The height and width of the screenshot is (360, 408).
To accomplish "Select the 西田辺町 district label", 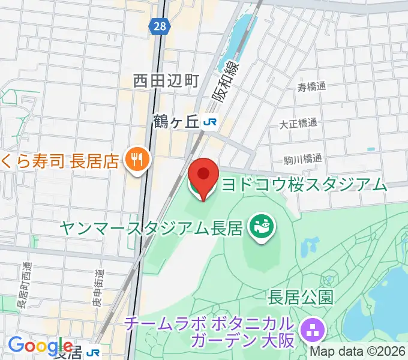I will (166, 80).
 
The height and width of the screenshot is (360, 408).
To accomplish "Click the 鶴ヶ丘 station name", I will (175, 122).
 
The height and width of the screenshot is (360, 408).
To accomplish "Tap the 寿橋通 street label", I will (311, 86).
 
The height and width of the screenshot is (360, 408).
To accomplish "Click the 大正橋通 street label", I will (298, 124).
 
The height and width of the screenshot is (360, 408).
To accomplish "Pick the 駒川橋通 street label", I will (303, 160).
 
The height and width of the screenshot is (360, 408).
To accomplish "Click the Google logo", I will (41, 346).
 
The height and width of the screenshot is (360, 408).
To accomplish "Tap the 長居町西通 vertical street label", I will (25, 285).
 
